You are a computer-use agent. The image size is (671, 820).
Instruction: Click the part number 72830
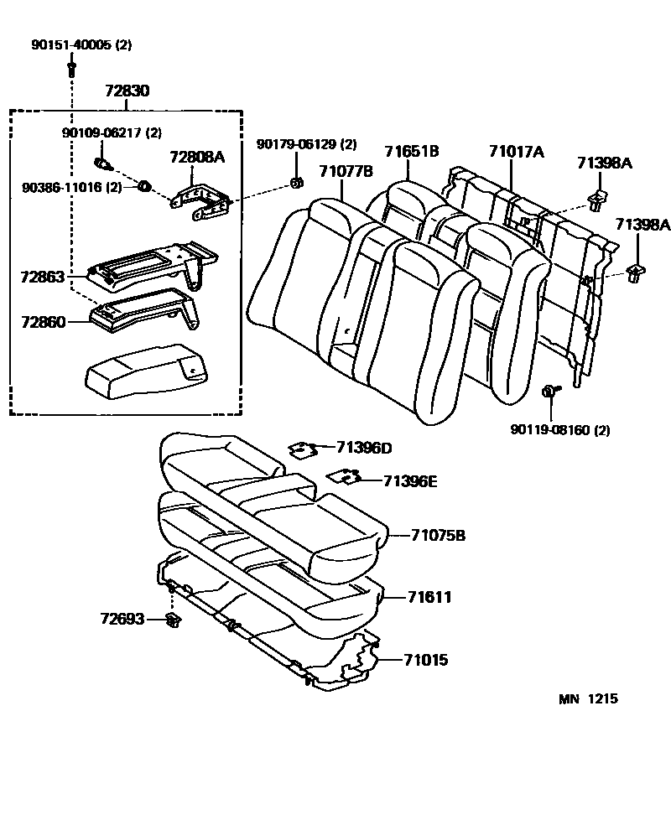point(127,91)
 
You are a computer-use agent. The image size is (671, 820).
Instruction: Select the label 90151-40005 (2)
point(94,44)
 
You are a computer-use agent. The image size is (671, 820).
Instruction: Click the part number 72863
point(42,275)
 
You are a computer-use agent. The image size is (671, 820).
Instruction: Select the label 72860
point(42,321)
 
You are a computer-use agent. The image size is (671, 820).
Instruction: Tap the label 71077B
point(346,172)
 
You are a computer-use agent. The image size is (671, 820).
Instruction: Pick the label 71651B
point(412,151)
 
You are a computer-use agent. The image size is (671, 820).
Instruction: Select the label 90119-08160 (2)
point(559,430)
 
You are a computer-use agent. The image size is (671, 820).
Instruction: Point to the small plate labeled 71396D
point(301,449)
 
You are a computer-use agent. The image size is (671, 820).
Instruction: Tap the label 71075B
point(438,535)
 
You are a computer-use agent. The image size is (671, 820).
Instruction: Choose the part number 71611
point(430,597)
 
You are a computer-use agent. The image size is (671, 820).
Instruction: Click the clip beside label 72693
point(174,620)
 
